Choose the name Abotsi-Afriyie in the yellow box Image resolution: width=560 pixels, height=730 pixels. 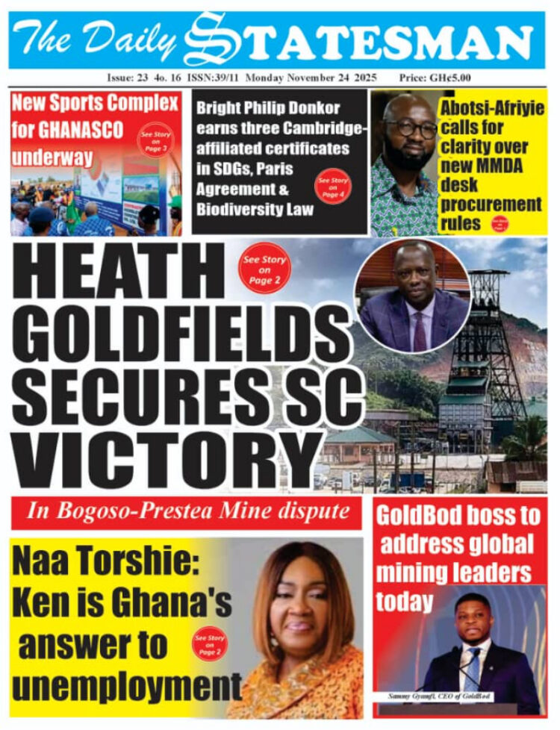[x=492, y=109]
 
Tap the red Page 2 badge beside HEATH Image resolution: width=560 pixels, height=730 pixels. [x=264, y=266]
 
